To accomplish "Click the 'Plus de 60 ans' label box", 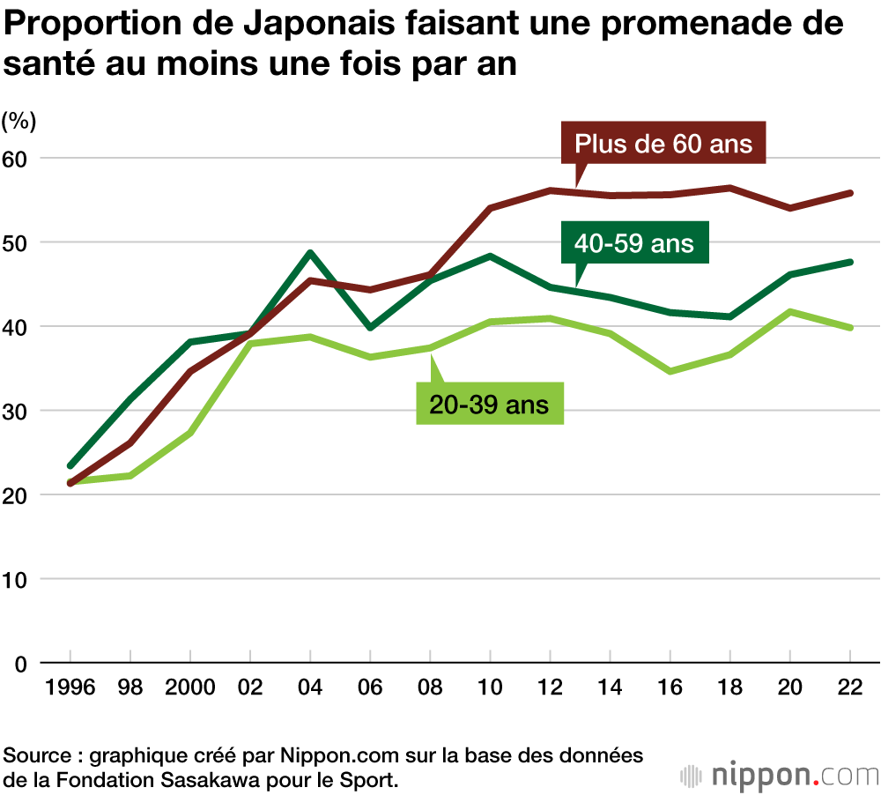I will point(663,144).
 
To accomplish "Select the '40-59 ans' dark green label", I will point(635,243).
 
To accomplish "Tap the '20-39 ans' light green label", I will point(489,405).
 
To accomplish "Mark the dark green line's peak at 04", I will point(310,253).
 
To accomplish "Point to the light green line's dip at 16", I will point(670,371).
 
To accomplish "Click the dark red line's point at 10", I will point(490,208).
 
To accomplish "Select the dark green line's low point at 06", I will point(370,327).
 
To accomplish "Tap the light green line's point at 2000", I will point(190,433).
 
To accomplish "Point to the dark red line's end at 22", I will point(849,193).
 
